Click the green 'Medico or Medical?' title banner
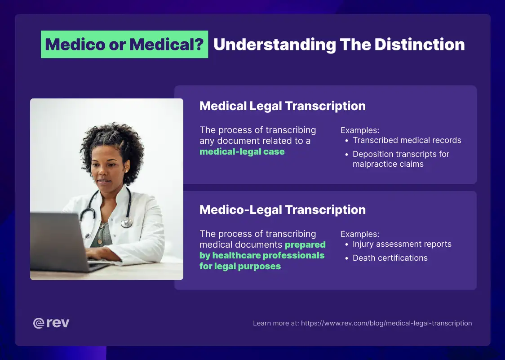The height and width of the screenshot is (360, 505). pyautogui.click(x=124, y=44)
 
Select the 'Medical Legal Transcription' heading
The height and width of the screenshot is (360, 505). pyautogui.click(x=282, y=106)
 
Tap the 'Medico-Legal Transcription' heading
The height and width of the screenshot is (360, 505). pyautogui.click(x=282, y=210)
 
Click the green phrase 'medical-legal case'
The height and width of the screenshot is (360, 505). pyautogui.click(x=242, y=152)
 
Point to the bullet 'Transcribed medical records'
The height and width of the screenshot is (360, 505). pyautogui.click(x=407, y=140)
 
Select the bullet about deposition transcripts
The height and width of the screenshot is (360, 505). pyautogui.click(x=400, y=159)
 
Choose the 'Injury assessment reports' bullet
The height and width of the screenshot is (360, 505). pyautogui.click(x=402, y=244)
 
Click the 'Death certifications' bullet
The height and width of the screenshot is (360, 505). pyautogui.click(x=390, y=258)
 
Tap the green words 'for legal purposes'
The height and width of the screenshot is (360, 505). pyautogui.click(x=240, y=266)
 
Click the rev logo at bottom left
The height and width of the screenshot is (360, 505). pyautogui.click(x=51, y=323)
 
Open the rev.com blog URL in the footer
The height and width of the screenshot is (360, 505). pyautogui.click(x=386, y=323)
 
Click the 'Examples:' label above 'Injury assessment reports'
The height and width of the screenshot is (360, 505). pyautogui.click(x=359, y=234)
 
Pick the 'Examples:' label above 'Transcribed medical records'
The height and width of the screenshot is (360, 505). pyautogui.click(x=359, y=130)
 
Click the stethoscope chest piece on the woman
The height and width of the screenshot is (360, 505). pyautogui.click(x=127, y=222)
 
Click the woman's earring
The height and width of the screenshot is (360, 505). pyautogui.click(x=125, y=171)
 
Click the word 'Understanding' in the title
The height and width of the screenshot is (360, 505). pyautogui.click(x=275, y=44)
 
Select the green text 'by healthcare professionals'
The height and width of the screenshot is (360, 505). pyautogui.click(x=261, y=255)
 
